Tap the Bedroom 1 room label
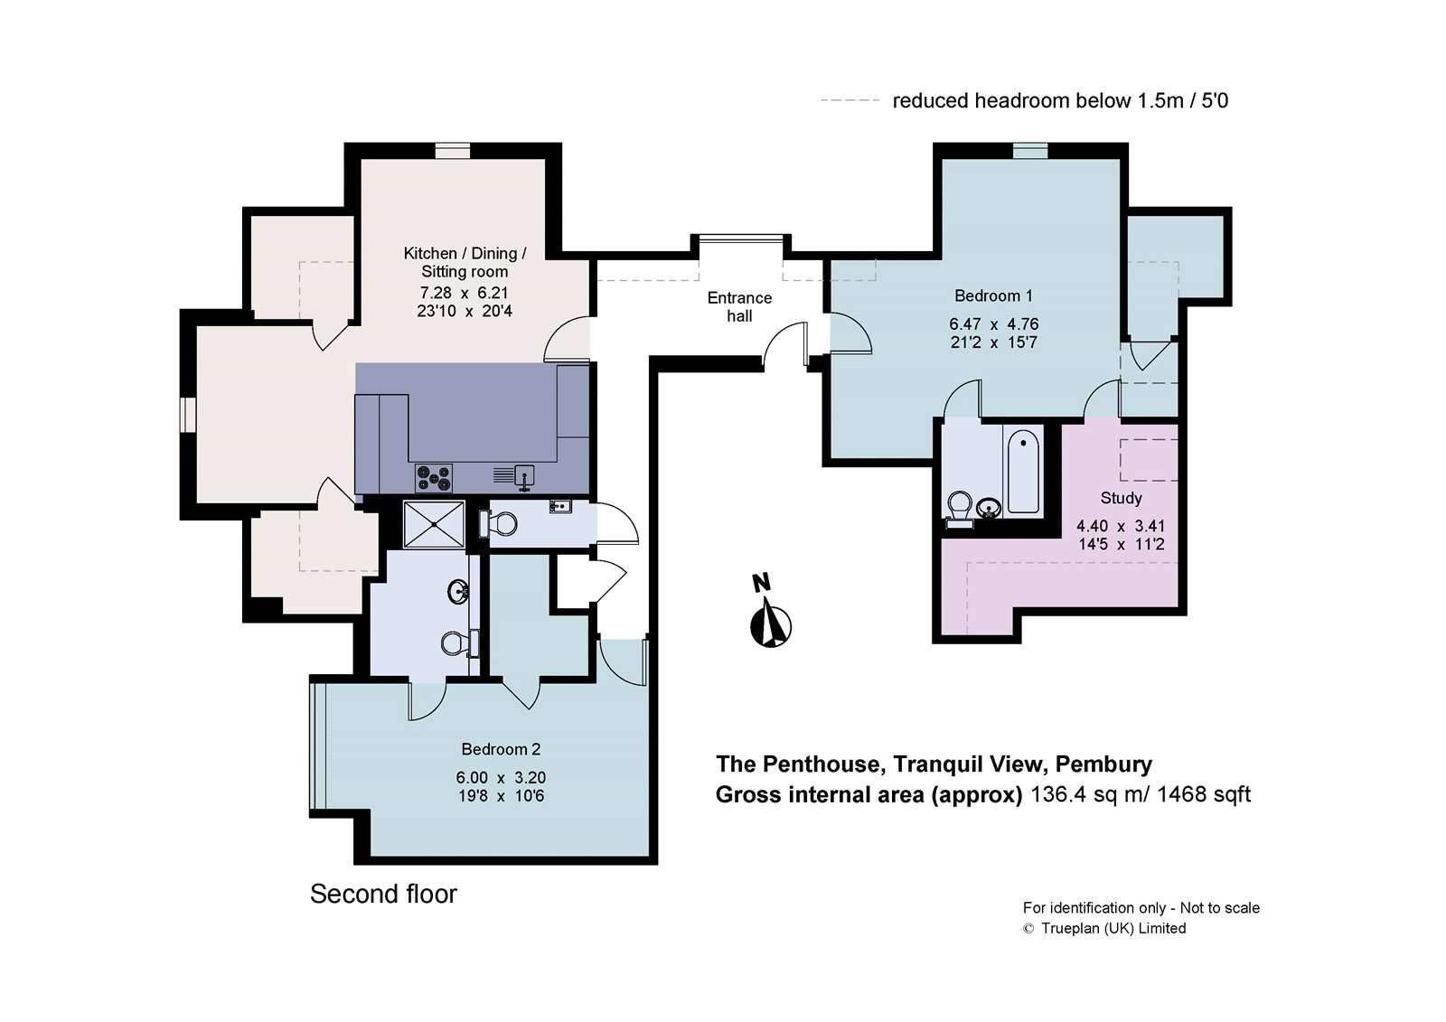point(993,295)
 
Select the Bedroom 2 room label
point(501,749)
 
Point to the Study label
point(1122,499)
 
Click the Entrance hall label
point(739,306)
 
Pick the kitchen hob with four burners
point(434,478)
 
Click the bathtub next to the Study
point(1023,472)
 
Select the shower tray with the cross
point(434,524)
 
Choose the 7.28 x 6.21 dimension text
point(465,293)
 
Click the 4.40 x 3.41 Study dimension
point(1121,526)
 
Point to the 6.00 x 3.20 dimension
point(501,777)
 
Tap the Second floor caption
point(383,895)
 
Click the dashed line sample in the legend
point(850,100)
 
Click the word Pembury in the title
point(1103,764)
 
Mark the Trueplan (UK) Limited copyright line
point(1104,928)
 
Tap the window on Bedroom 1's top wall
point(1029,151)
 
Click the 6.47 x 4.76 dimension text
point(993,324)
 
